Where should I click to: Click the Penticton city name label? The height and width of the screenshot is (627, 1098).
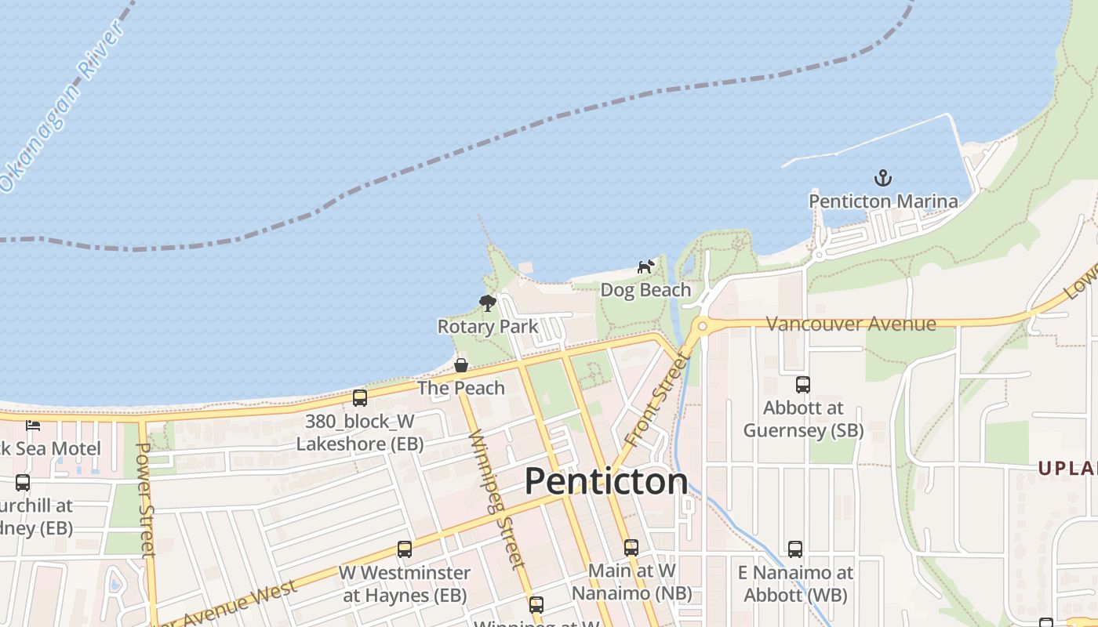(605, 480)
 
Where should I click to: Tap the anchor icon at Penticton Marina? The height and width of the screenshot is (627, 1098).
(883, 178)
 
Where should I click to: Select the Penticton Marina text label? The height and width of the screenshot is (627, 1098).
(883, 201)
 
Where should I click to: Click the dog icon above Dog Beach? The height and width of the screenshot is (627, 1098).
(645, 267)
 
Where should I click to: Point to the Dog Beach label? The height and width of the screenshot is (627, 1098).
(645, 290)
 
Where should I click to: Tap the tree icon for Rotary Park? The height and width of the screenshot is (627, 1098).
(487, 303)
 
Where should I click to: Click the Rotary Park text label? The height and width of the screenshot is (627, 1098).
(487, 327)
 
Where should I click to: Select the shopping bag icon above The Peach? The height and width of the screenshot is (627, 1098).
(461, 365)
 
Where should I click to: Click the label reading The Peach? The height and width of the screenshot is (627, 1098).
(461, 388)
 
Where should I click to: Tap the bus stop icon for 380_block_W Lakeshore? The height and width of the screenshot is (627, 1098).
(360, 398)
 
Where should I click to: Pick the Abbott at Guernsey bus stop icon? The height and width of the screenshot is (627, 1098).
(803, 385)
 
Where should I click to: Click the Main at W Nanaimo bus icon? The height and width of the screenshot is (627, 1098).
(631, 548)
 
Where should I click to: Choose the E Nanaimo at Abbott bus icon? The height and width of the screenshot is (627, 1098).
(795, 549)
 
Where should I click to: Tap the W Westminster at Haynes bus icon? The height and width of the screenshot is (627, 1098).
(405, 549)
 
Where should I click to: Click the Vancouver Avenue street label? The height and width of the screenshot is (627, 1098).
(850, 324)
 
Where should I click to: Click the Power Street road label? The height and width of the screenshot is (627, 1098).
(146, 499)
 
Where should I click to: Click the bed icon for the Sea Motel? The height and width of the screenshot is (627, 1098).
(32, 426)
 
